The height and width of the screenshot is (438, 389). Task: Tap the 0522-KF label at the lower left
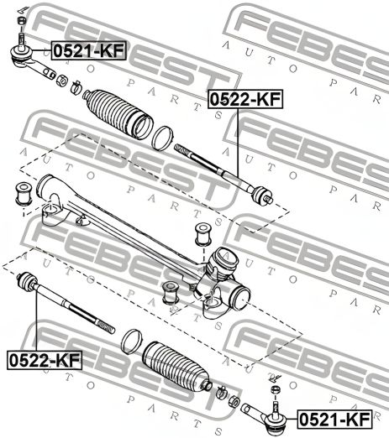pyautogui.click(x=45, y=359)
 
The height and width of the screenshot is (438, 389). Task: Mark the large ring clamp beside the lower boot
pyautogui.click(x=130, y=340)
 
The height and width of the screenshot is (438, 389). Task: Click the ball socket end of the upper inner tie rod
pyautogui.click(x=262, y=196)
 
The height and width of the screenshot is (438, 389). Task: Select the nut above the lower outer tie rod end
pyautogui.click(x=274, y=393)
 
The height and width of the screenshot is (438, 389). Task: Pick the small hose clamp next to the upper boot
pyautogui.click(x=75, y=85)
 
